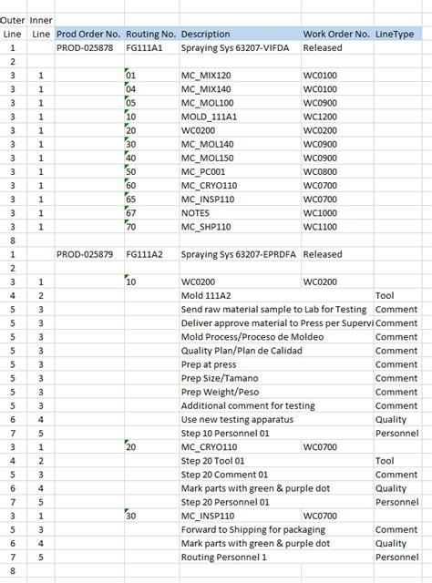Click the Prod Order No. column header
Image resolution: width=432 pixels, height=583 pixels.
pyautogui.click(x=87, y=34)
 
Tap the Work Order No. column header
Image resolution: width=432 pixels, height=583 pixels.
pyautogui.click(x=336, y=34)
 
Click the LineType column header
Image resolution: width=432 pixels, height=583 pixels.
pyautogui.click(x=395, y=34)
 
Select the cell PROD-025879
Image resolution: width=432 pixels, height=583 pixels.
pyautogui.click(x=86, y=254)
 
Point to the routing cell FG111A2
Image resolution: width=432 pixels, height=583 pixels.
pyautogui.click(x=145, y=254)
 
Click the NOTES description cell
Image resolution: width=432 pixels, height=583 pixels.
pyautogui.click(x=196, y=212)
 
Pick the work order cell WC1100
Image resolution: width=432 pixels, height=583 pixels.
pyautogui.click(x=320, y=226)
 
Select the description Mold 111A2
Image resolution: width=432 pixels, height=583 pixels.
pyautogui.click(x=206, y=296)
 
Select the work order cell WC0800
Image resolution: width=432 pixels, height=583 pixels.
pyautogui.click(x=320, y=171)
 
